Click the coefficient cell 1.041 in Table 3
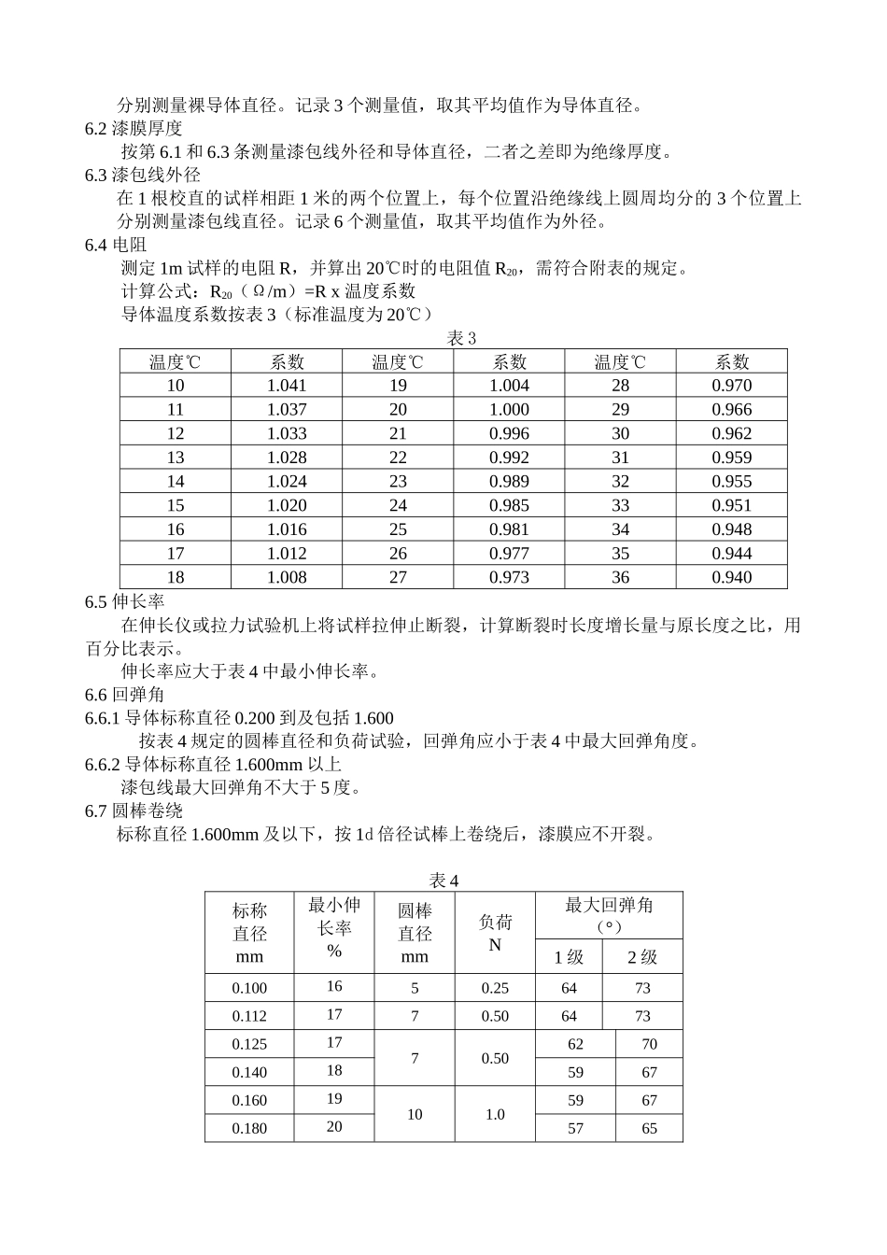[287, 386]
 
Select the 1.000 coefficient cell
[509, 410]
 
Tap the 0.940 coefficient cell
[731, 578]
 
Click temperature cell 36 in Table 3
[621, 578]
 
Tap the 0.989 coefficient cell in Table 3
[509, 482]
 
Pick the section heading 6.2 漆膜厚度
[134, 129]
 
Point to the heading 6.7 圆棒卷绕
[134, 811]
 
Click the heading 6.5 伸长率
[125, 601]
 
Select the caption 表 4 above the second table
[443, 881]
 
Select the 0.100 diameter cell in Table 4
[249, 988]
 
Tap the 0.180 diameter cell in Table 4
[249, 1128]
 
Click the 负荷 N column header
[495, 933]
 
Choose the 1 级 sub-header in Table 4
[569, 957]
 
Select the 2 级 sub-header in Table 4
[642, 957]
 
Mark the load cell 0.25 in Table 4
[495, 988]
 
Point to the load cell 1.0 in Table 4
[495, 1114]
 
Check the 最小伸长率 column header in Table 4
[334, 927]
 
